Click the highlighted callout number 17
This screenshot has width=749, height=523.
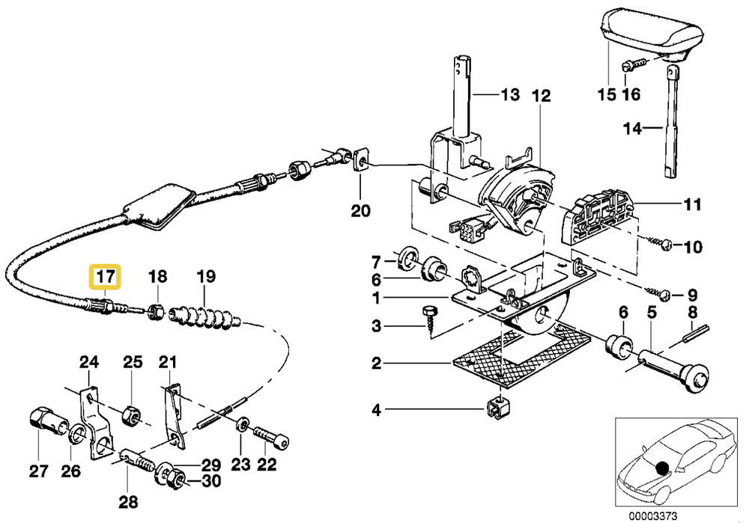coord(104,277)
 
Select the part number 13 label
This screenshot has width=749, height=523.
coord(509,95)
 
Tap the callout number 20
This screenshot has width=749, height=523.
coord(361,212)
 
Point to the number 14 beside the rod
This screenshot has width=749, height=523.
coord(633,129)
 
